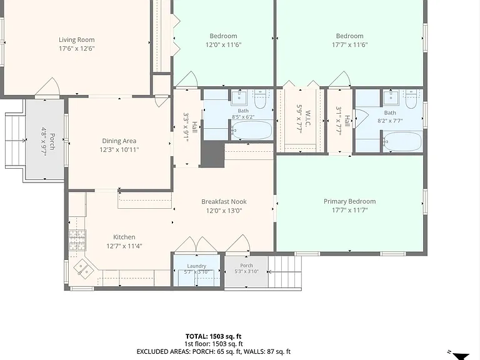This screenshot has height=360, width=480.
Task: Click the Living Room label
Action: click(x=76, y=40)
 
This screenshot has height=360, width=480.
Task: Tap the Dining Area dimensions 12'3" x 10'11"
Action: click(x=119, y=150)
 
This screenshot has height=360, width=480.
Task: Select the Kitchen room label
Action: click(x=124, y=237)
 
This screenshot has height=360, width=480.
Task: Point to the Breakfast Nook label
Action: click(x=224, y=202)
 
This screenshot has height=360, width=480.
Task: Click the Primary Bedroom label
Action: click(x=349, y=201)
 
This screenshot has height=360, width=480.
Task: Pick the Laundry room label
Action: click(x=196, y=266)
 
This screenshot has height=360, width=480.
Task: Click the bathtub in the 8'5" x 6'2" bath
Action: click(x=252, y=130)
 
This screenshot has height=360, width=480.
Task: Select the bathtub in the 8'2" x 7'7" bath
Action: click(x=402, y=141)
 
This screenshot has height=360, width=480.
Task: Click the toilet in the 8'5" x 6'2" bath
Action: click(x=260, y=99)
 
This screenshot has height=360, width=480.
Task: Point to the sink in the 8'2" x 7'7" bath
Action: click(x=391, y=98)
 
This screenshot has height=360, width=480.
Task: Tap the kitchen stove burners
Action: click(x=77, y=240)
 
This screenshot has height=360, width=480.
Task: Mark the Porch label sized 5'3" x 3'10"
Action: click(x=246, y=266)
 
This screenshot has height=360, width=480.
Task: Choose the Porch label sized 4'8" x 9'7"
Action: click(x=52, y=141)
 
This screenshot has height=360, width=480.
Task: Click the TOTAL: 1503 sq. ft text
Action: click(x=213, y=337)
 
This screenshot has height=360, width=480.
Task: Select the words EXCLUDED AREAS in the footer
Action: click(x=163, y=352)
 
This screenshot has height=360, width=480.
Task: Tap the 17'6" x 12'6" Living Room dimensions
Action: click(x=77, y=48)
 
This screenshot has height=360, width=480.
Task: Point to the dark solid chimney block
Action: click(x=212, y=155)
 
